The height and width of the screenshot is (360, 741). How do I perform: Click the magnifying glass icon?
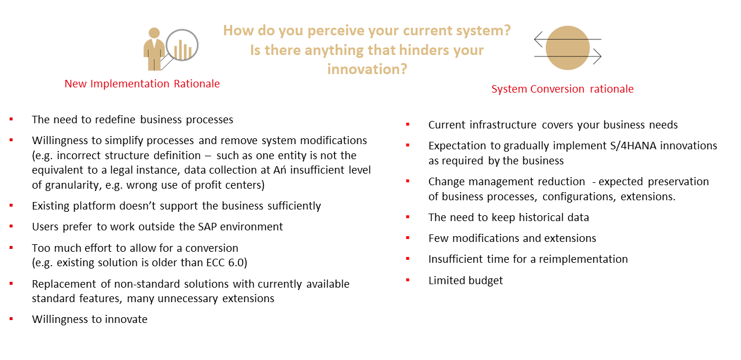tap(182, 45)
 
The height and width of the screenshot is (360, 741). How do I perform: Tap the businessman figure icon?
tap(154, 49)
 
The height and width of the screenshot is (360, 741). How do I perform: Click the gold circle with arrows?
tap(568, 48)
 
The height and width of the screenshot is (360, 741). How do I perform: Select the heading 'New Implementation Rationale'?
tap(142, 84)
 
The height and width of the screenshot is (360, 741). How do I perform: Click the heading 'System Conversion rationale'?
tap(562, 89)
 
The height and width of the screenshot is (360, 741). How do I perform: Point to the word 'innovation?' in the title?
tap(367, 69)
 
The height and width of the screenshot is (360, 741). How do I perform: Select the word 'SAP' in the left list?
tap(207, 227)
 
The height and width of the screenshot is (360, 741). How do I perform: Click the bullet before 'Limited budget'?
tap(408, 280)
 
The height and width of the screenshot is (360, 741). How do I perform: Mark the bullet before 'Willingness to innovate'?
tap(11, 319)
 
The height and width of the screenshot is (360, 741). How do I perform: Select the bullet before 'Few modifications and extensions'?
tap(408, 238)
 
